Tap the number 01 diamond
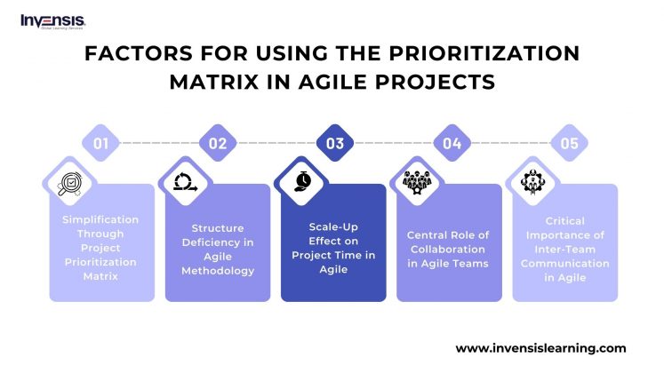click(101, 142)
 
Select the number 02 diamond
click(218, 142)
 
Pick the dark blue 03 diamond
click(334, 142)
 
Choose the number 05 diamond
click(568, 142)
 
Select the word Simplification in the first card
click(101, 219)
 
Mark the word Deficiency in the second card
click(217, 241)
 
